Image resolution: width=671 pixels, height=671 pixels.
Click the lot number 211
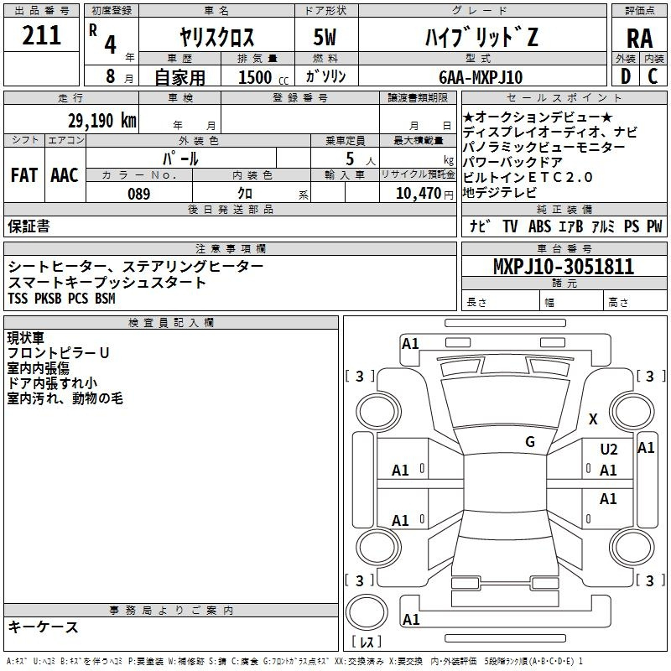click(x=41, y=35)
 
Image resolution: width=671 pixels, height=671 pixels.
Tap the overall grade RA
click(x=639, y=39)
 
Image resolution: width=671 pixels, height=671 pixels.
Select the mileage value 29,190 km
click(x=101, y=121)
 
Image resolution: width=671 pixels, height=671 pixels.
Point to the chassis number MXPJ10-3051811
click(x=564, y=267)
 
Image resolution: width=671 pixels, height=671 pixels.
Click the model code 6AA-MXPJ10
click(x=481, y=77)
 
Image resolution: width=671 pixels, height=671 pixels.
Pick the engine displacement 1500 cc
click(x=263, y=77)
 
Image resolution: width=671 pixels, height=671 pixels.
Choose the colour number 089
click(x=139, y=194)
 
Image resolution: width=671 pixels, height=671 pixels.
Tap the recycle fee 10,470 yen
click(x=424, y=194)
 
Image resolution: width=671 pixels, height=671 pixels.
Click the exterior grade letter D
click(x=626, y=76)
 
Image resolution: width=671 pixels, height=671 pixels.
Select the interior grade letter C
click(x=653, y=76)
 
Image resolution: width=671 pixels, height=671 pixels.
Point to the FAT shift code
click(x=24, y=175)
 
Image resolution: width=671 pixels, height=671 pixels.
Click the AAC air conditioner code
click(x=65, y=175)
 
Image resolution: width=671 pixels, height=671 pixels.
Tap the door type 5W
click(x=325, y=37)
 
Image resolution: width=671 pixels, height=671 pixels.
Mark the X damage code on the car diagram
click(x=593, y=419)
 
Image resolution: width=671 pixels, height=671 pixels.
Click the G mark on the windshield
click(x=530, y=441)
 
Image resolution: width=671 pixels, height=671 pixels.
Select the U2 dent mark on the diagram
click(x=609, y=450)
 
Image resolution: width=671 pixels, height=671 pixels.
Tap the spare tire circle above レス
click(x=367, y=612)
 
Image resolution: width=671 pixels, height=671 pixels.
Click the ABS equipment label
click(x=539, y=226)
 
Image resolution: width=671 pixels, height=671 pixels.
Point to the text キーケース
click(x=43, y=627)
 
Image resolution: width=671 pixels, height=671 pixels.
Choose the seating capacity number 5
click(x=350, y=159)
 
